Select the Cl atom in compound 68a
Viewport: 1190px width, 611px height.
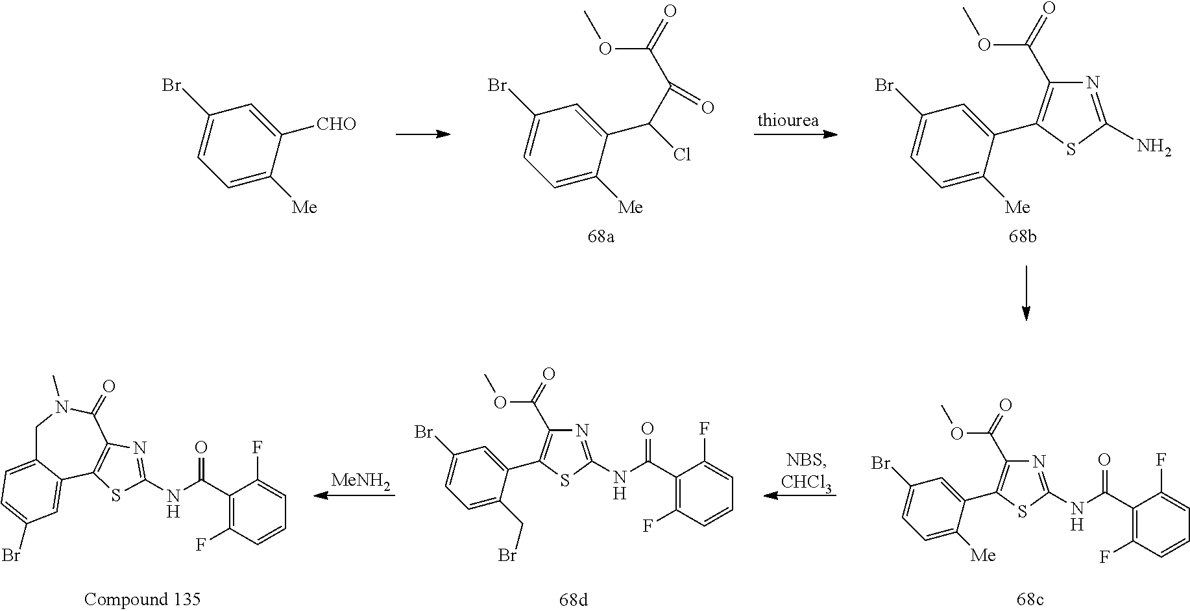pos(681,155)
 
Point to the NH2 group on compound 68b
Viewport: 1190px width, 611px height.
pos(1154,148)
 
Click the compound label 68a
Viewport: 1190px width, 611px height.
pos(601,236)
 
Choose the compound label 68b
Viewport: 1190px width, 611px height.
pos(1022,236)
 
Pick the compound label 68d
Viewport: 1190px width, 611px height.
pos(574,599)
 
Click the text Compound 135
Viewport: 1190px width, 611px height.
pos(143,599)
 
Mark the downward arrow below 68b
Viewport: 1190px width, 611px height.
pos(1026,293)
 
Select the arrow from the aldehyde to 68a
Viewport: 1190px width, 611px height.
pos(423,134)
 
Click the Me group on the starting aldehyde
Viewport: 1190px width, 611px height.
pos(304,206)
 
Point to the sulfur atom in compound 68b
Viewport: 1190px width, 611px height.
pos(1071,149)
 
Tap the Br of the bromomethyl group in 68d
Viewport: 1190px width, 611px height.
pos(507,555)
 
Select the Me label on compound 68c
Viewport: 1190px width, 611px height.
pos(982,555)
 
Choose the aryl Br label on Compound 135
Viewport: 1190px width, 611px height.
pos(12,555)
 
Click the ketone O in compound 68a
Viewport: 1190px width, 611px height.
pos(707,107)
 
